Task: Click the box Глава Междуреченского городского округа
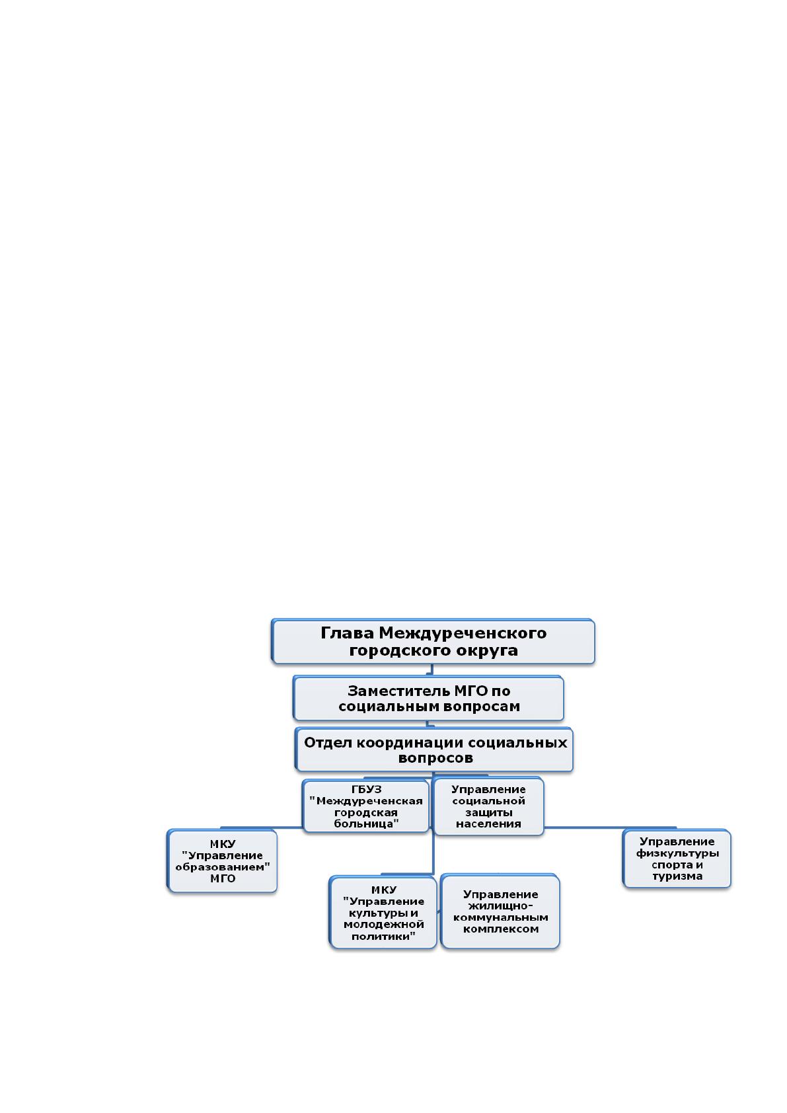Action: click(433, 642)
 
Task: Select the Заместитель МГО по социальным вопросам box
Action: click(428, 699)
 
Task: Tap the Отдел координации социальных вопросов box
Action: click(433, 750)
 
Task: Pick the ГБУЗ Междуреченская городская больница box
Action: click(365, 806)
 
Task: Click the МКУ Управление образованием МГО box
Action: click(222, 861)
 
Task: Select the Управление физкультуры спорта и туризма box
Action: click(677, 859)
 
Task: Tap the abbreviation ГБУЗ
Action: click(367, 790)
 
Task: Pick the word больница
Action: click(366, 824)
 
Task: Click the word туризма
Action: click(677, 876)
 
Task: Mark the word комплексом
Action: click(501, 929)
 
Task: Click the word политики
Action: click(383, 937)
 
